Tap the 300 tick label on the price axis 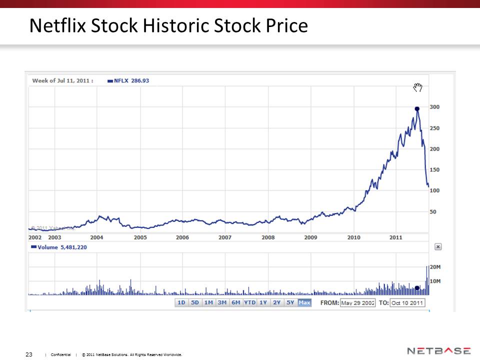pyautogui.click(x=434, y=107)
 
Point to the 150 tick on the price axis pyautogui.click(x=434, y=169)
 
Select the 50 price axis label pyautogui.click(x=433, y=211)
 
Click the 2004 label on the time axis pyautogui.click(x=97, y=237)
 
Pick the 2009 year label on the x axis pyautogui.click(x=311, y=237)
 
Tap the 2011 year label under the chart pyautogui.click(x=396, y=237)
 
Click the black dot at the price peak pyautogui.click(x=417, y=108)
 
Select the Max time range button pyautogui.click(x=304, y=302)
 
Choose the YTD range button pyautogui.click(x=249, y=302)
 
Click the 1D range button pyautogui.click(x=181, y=302)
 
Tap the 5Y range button pyautogui.click(x=290, y=302)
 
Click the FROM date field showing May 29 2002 pyautogui.click(x=357, y=303)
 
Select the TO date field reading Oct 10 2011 pyautogui.click(x=407, y=303)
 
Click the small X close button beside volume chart pyautogui.click(x=438, y=246)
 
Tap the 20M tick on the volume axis pyautogui.click(x=435, y=267)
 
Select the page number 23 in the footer pyautogui.click(x=29, y=354)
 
